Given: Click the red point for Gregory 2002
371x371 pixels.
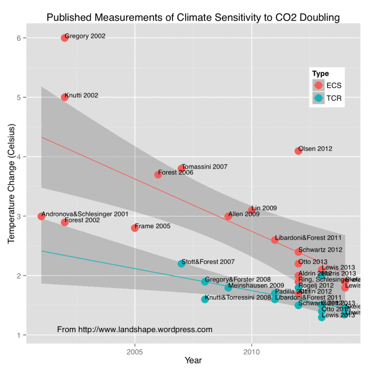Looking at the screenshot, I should point(64,38).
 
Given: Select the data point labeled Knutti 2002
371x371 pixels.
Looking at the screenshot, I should point(64,97).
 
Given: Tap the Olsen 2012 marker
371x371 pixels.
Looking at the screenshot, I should point(298,151).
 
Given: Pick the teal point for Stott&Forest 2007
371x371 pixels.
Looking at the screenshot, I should point(181,263).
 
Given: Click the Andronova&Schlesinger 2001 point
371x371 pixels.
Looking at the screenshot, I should point(41,216).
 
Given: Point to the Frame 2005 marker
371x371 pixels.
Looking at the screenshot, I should point(135,228).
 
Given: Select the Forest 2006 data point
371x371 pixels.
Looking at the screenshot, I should point(158,174).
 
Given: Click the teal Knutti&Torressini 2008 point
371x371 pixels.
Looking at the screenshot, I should point(205,299).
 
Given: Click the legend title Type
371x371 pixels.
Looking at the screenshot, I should point(320,73).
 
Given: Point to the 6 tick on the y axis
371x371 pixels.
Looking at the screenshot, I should point(20,38).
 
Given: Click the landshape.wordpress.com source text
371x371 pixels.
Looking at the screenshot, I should point(134,330).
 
